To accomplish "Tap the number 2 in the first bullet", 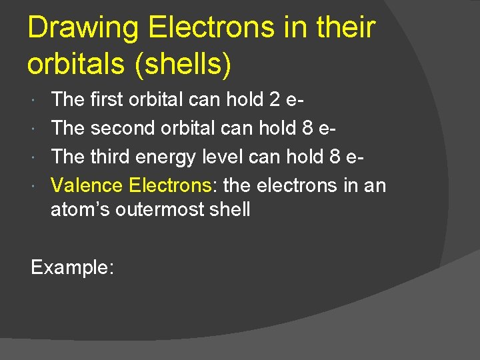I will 275,100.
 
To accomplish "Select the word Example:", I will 73,267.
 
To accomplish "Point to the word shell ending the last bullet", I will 231,209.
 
